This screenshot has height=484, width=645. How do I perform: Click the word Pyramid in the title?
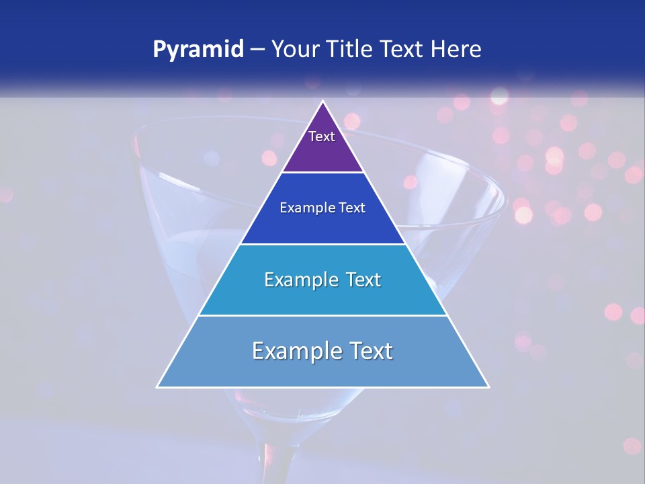[x=198, y=50]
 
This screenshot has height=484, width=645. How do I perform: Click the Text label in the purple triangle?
[x=322, y=136]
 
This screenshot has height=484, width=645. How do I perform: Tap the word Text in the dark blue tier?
[x=350, y=208]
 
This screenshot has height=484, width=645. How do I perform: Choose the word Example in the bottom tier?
[x=292, y=351]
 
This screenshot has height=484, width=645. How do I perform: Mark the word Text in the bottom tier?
[x=367, y=351]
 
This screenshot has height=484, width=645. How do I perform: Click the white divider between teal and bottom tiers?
[x=323, y=315]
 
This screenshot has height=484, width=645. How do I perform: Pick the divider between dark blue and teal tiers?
[x=323, y=244]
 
